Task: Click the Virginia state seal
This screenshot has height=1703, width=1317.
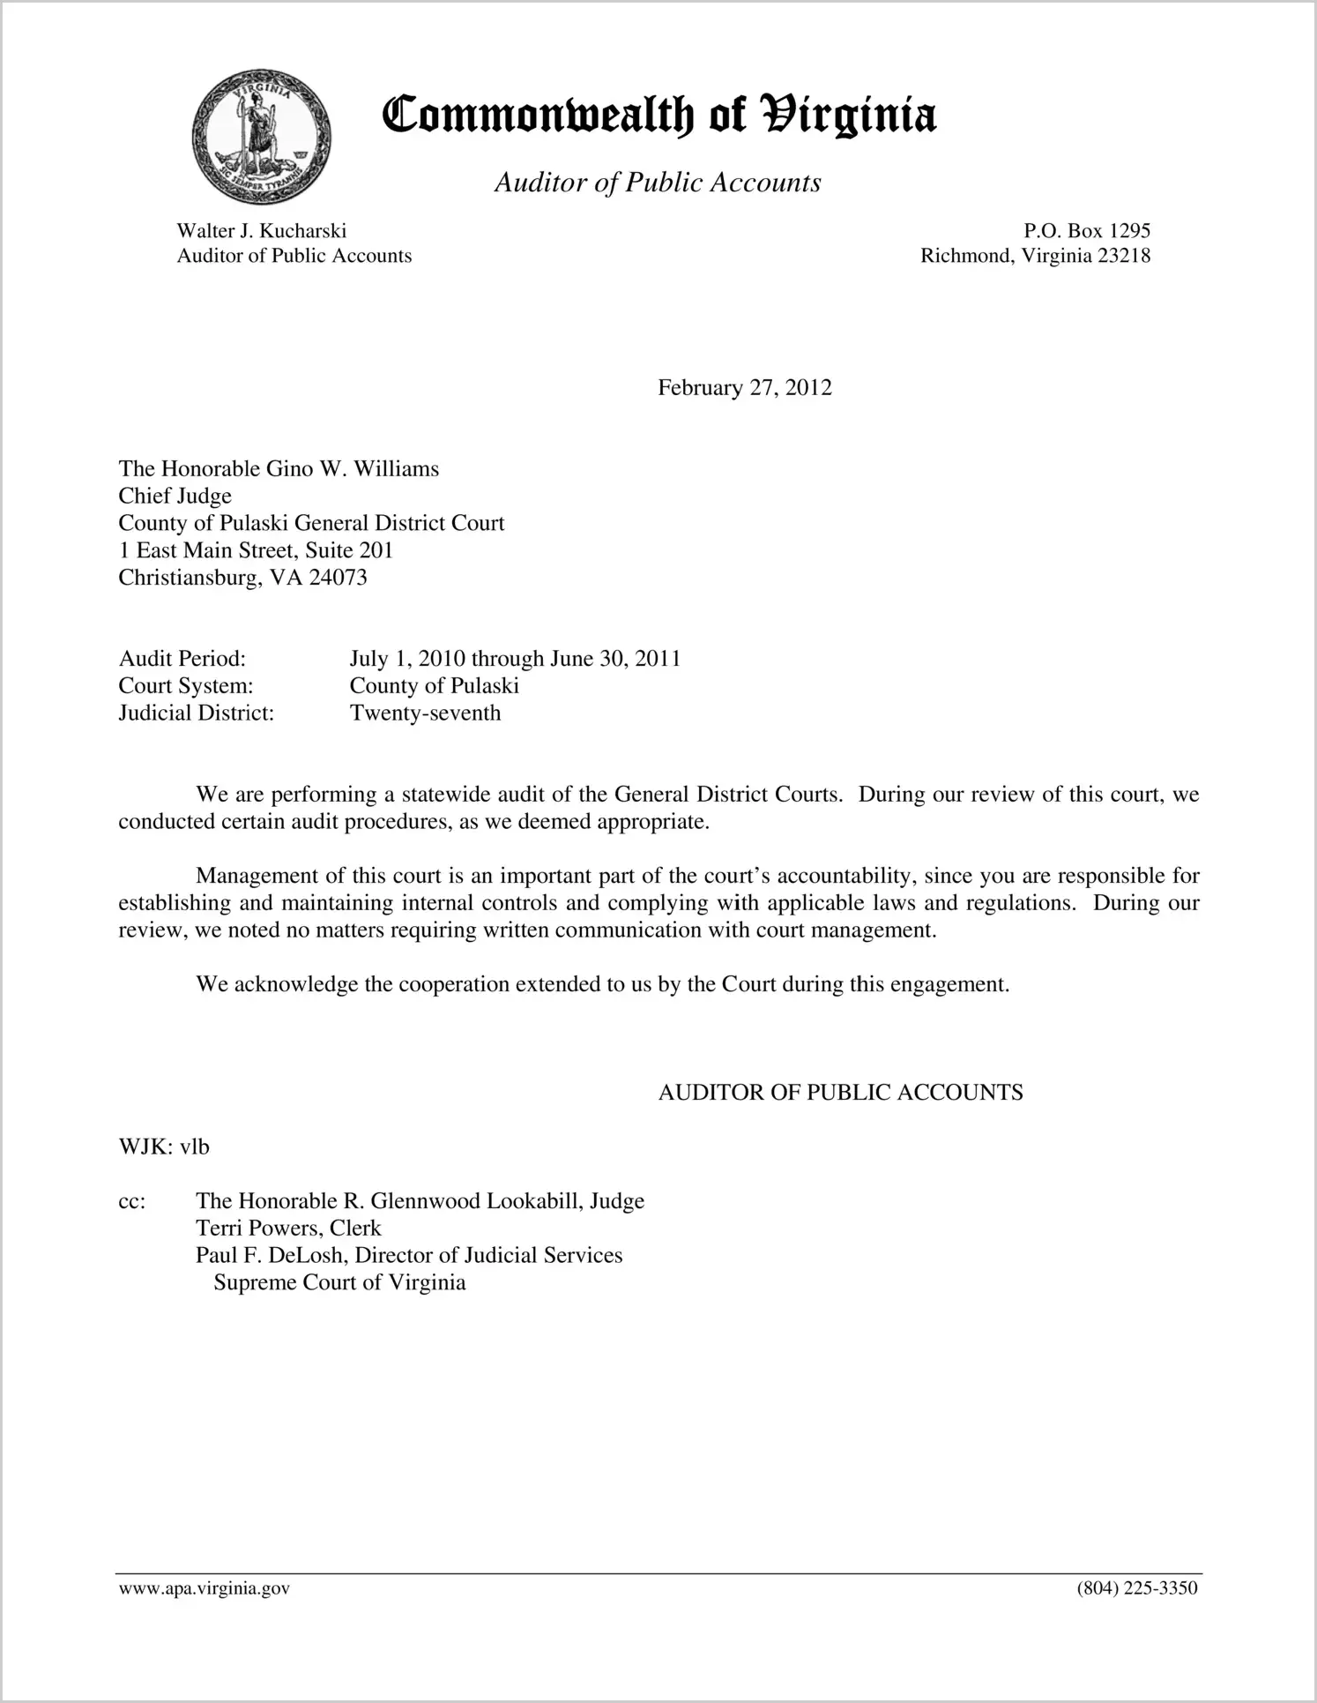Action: click(261, 138)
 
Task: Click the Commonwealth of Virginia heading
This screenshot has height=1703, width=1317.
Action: click(658, 116)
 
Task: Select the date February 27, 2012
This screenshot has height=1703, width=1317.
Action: click(744, 388)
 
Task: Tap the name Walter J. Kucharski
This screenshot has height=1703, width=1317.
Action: click(261, 231)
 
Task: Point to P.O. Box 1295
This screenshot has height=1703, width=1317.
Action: click(1086, 231)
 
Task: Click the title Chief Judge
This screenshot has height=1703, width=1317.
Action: click(175, 496)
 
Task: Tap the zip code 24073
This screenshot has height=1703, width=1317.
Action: click(338, 578)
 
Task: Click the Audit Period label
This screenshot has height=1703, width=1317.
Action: click(182, 659)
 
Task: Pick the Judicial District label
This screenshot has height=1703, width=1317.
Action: click(196, 713)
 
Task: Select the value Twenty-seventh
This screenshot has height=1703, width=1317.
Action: click(425, 713)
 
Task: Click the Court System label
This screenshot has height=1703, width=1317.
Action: click(185, 686)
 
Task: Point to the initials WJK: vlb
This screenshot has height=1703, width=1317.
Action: click(163, 1147)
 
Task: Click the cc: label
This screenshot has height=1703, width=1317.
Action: click(131, 1201)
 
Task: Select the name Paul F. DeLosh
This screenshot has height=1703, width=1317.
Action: click(271, 1255)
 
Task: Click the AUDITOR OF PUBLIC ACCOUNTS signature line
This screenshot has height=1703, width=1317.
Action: click(840, 1093)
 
